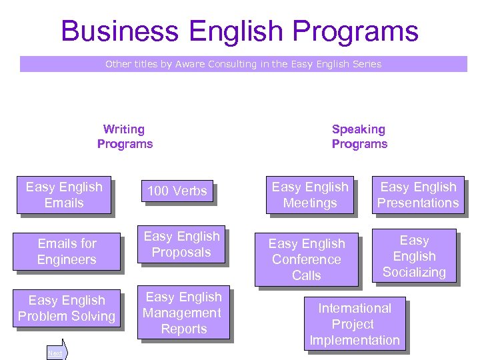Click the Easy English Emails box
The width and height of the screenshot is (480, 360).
[64, 195]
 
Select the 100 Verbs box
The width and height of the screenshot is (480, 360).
[177, 191]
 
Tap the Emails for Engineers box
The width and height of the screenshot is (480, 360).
[67, 251]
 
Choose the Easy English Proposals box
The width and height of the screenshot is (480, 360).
[181, 244]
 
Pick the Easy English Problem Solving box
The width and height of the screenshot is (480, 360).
[67, 308]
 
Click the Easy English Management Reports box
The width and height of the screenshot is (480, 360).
[183, 313]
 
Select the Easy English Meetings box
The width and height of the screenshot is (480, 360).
[310, 195]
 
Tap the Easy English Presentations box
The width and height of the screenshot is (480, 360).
[418, 195]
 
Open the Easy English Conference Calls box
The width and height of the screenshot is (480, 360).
[307, 259]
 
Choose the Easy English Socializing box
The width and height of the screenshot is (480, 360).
[414, 256]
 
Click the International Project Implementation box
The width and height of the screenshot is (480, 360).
[355, 324]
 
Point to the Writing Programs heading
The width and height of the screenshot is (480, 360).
[125, 137]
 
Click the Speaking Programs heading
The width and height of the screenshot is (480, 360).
[359, 137]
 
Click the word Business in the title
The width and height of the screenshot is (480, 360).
[121, 31]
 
